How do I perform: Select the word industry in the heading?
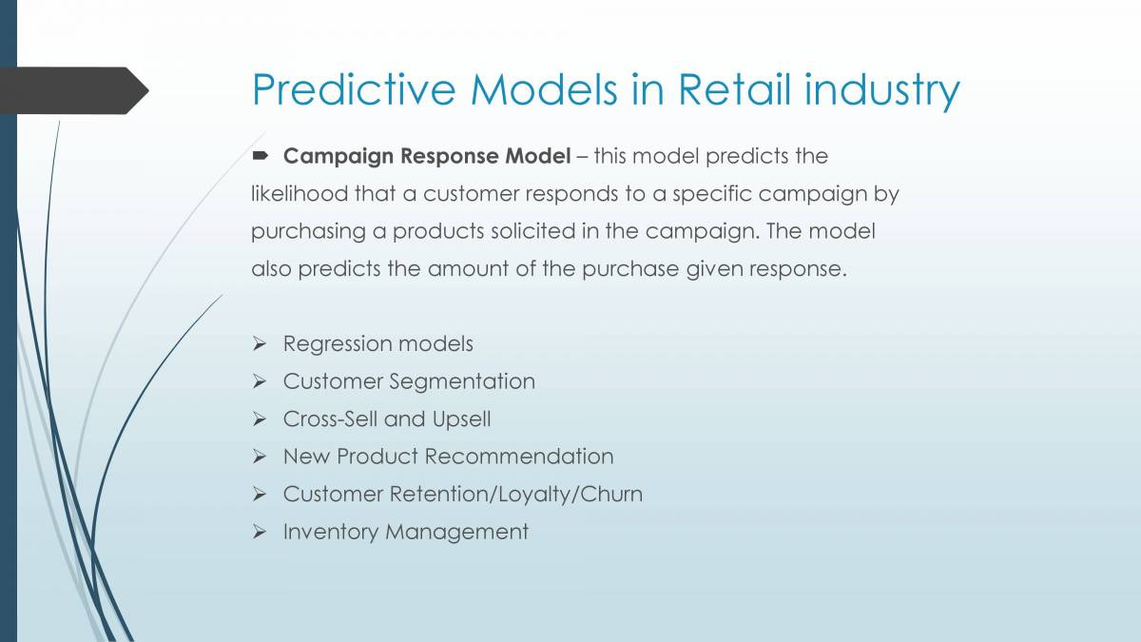tap(881, 90)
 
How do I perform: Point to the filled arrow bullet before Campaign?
tap(261, 155)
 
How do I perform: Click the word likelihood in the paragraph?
tap(299, 193)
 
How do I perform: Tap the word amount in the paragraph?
tap(470, 269)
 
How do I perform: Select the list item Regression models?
tap(377, 343)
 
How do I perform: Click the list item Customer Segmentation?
tap(409, 381)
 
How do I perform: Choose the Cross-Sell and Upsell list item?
tap(387, 418)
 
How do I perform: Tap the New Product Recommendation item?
tap(448, 457)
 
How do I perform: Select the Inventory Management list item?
tap(405, 532)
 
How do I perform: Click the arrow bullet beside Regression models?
tap(261, 343)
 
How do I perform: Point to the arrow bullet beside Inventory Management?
tap(261, 532)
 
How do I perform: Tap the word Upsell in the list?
tap(461, 418)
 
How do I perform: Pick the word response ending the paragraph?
tap(797, 269)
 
